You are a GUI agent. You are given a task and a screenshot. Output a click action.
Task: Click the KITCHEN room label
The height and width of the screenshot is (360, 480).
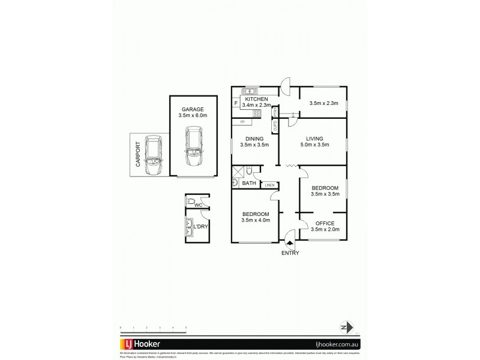pos(256,99)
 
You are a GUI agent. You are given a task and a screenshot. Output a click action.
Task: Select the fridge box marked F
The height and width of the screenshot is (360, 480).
pos(236,104)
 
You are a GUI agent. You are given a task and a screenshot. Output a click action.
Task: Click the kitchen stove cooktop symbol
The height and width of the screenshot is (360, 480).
pos(256,113)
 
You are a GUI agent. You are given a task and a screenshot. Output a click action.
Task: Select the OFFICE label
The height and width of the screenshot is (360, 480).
pos(324,223)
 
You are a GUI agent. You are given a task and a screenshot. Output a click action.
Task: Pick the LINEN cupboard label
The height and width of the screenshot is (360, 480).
pos(269,185)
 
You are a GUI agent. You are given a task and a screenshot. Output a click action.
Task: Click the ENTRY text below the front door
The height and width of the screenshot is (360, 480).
pos(291,253)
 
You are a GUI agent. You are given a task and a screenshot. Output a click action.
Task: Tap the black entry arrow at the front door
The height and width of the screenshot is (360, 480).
pos(290,244)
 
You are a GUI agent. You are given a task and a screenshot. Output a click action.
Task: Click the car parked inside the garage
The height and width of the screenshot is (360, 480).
pos(194,147)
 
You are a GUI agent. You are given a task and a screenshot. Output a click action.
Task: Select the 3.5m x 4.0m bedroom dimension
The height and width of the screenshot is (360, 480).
pos(256,221)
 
